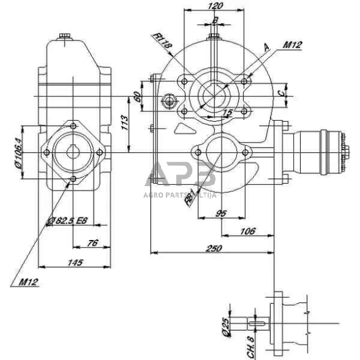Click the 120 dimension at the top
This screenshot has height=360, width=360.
pos(215,6)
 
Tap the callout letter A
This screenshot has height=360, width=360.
pos(266,47)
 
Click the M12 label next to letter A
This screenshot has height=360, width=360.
pos(292,45)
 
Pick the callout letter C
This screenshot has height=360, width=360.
pos(280,93)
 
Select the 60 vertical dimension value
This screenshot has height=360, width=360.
pos(138,96)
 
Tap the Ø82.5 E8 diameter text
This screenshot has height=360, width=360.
pos(69,221)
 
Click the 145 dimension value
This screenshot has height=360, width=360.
pos(75,263)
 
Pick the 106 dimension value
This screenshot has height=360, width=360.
pos(247,231)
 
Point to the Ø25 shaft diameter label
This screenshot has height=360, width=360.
pos(225,328)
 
